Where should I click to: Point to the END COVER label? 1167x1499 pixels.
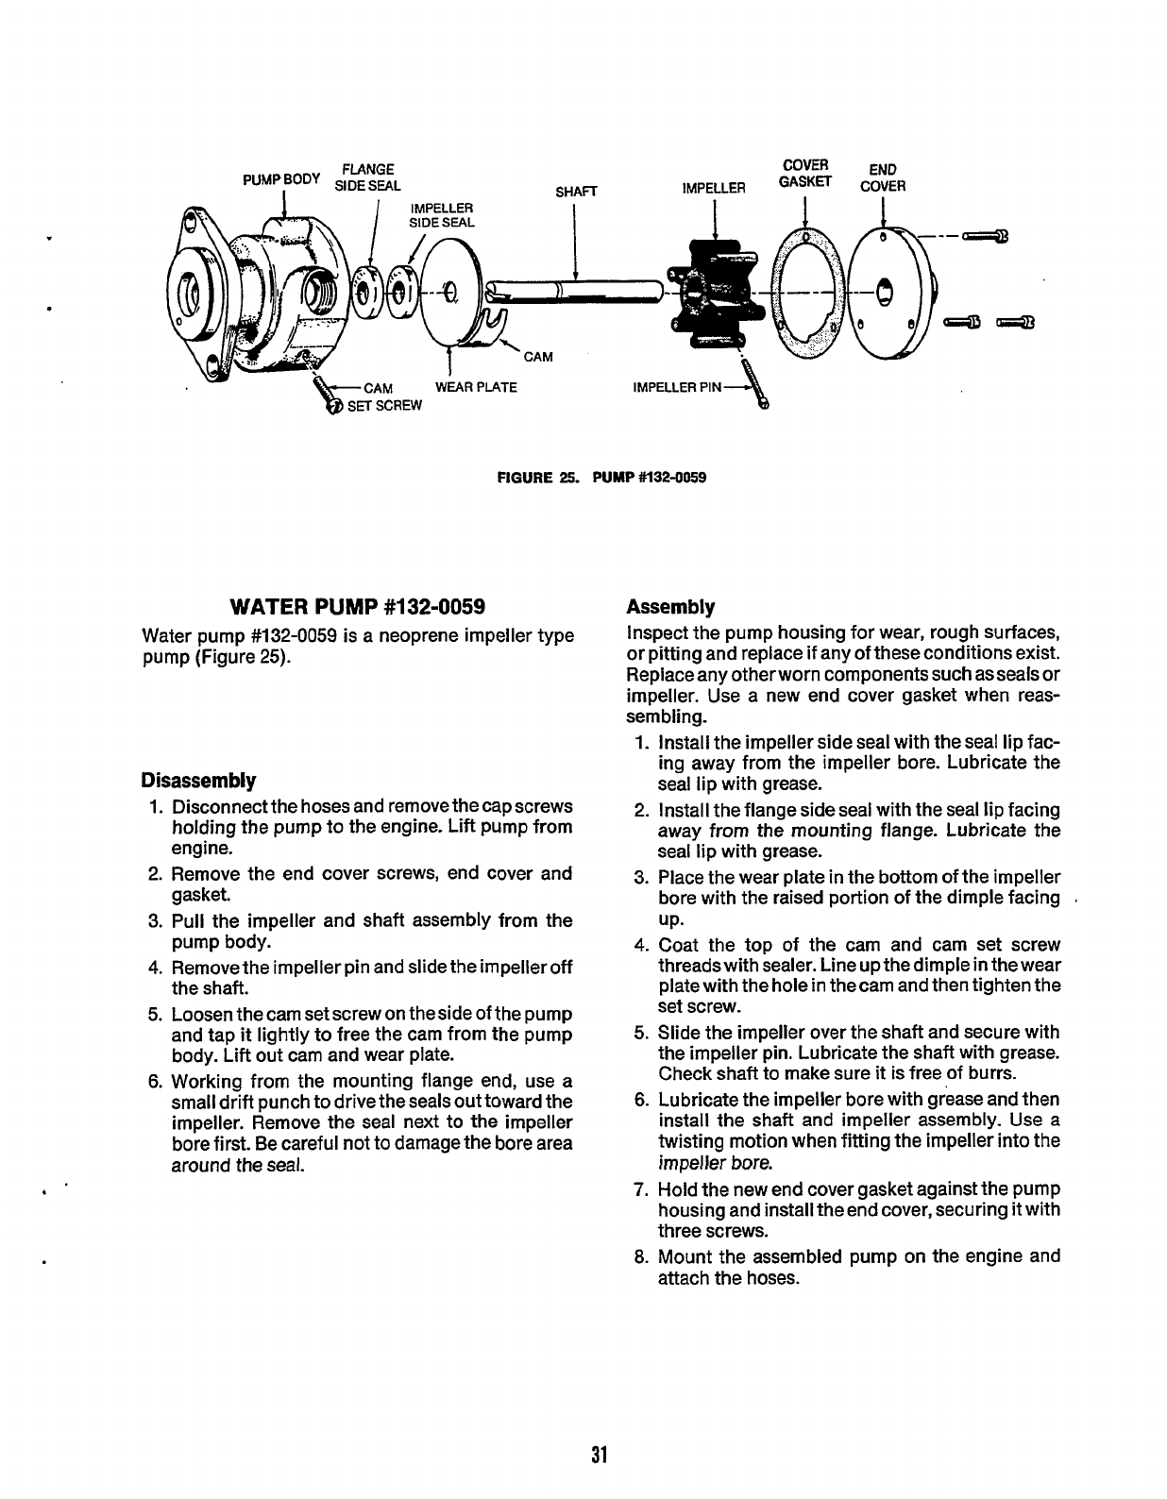882,178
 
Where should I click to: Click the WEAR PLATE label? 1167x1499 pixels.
475,388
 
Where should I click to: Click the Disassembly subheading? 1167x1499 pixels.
198,782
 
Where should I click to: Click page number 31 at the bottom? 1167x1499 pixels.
597,1455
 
